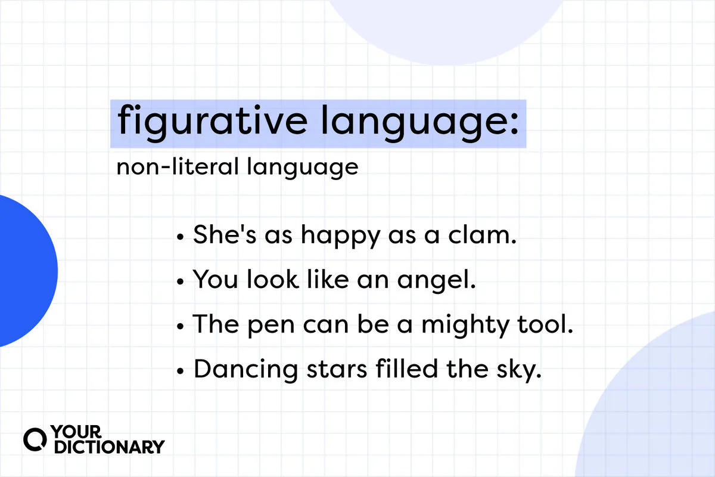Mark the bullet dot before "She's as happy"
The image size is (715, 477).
pos(181,237)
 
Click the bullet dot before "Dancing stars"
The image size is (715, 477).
pos(181,370)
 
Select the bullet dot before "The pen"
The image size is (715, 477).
pos(181,326)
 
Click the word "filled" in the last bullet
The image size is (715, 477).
pos(408,370)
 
